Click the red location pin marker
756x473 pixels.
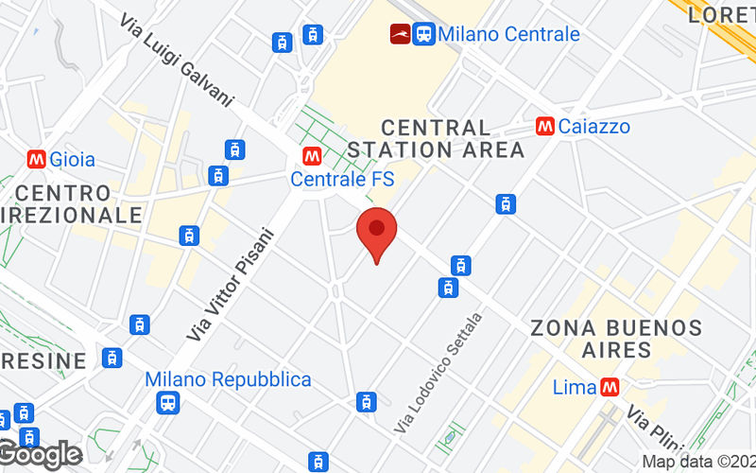coord(376,233)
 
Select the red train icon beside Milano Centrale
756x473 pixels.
coord(400,34)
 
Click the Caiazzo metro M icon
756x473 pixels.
coord(544,126)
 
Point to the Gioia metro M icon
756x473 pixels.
coord(38,159)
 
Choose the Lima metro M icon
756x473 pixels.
coord(610,387)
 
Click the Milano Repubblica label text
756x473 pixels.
coord(228,379)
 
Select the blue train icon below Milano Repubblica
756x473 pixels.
coord(169,403)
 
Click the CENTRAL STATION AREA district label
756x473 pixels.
coord(436,138)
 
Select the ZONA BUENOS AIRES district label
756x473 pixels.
coord(616,339)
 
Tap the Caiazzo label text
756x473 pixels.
coord(594,126)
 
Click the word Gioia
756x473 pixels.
coord(73,159)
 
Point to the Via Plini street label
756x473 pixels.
coord(648,422)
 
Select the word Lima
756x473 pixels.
coord(575,387)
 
